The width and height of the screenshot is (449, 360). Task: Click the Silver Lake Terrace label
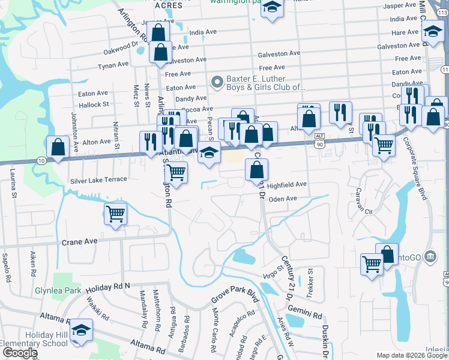coord(98,179)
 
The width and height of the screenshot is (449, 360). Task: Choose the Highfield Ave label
coord(287,185)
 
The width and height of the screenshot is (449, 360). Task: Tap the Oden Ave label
coord(283,199)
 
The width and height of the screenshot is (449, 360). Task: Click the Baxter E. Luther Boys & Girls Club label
coord(265,83)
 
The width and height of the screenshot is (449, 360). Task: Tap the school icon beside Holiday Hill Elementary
coord(81,331)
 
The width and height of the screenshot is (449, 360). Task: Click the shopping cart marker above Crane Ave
coord(115,214)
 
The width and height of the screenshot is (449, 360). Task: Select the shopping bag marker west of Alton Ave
coord(57,146)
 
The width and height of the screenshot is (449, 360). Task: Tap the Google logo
coord(20,353)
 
